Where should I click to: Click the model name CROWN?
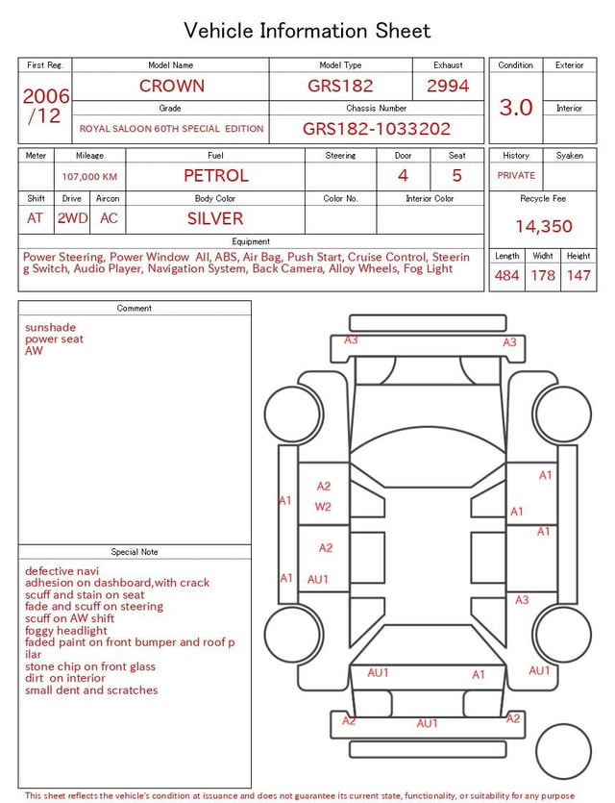pyautogui.click(x=172, y=86)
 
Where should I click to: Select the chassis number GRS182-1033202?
pyautogui.click(x=376, y=129)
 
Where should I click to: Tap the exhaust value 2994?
pyautogui.click(x=448, y=86)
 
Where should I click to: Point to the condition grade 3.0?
pyautogui.click(x=516, y=107)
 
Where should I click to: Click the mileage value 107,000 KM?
pyautogui.click(x=89, y=177)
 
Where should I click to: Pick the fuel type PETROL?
pyautogui.click(x=215, y=175)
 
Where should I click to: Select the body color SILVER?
pyautogui.click(x=215, y=218)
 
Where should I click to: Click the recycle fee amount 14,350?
pyautogui.click(x=543, y=226)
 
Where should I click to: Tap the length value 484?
pyautogui.click(x=506, y=275)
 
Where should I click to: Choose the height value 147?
pyautogui.click(x=578, y=275)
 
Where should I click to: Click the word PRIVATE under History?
pyautogui.click(x=516, y=175)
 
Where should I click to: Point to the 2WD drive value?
pyautogui.click(x=72, y=218)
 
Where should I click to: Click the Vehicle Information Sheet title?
pyautogui.click(x=307, y=31)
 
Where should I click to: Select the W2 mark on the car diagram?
pyautogui.click(x=323, y=506)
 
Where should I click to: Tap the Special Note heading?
pyautogui.click(x=135, y=552)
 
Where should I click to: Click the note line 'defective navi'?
pyautogui.click(x=62, y=571)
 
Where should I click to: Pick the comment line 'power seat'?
pyautogui.click(x=54, y=339)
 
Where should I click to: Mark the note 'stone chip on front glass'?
pyautogui.click(x=90, y=666)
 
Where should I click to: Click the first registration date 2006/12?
pyautogui.click(x=45, y=106)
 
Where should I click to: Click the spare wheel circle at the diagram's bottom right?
pyautogui.click(x=564, y=752)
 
